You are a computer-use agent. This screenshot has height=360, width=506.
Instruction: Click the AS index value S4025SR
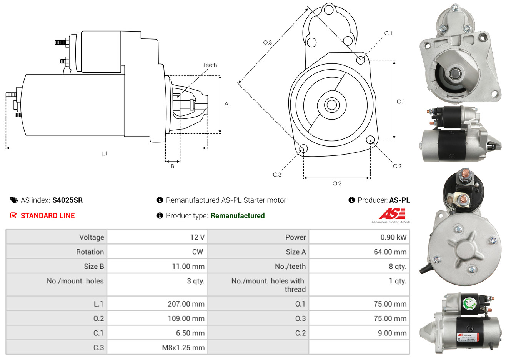[68, 200]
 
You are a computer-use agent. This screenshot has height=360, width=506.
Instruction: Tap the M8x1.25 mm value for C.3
[183, 347]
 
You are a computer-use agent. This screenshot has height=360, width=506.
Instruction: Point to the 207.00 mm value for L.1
[186, 304]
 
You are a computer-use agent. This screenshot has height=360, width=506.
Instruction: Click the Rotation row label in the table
[90, 252]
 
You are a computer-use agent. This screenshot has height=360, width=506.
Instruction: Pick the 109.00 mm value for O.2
[186, 318]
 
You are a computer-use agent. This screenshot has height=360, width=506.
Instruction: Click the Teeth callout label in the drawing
[210, 65]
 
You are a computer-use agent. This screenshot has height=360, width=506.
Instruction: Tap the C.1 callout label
[388, 33]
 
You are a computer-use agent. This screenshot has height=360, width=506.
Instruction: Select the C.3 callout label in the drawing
[277, 175]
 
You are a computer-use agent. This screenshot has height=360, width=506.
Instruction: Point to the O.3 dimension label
[268, 42]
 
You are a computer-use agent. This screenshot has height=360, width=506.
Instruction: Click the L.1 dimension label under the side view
[104, 154]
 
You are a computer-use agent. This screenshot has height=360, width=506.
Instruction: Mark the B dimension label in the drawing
[173, 166]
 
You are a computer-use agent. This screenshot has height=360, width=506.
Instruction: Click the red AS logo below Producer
[392, 214]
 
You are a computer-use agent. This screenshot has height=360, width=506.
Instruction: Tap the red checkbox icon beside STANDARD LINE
[13, 215]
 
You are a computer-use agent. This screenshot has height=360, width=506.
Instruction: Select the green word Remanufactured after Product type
[238, 216]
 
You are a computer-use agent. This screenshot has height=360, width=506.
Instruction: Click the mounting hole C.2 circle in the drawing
[370, 140]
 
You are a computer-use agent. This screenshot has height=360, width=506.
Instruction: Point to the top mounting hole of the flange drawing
[329, 10]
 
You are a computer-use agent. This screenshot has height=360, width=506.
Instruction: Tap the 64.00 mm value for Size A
[390, 252]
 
